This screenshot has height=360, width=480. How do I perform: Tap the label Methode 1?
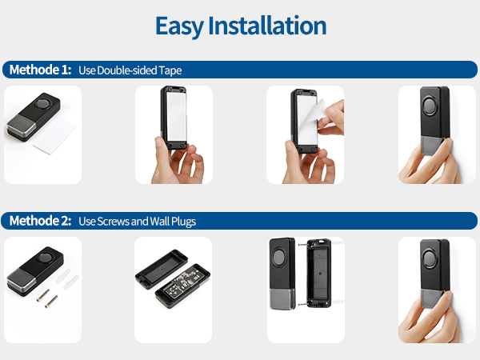pyautogui.click(x=40, y=70)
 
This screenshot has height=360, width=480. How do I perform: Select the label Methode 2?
pyautogui.click(x=40, y=220)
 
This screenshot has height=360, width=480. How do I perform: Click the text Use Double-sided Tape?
pyautogui.click(x=130, y=70)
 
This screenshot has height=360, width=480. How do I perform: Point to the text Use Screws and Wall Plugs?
pyautogui.click(x=137, y=221)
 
